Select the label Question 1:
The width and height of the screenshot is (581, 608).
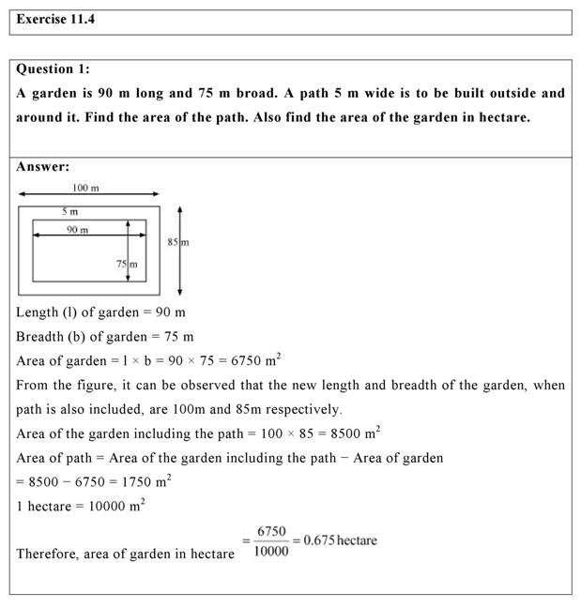pos(54,68)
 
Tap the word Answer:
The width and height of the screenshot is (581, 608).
pos(43,166)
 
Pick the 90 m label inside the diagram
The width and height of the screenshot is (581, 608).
pos(77,230)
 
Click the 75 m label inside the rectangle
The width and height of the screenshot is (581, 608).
pos(127,265)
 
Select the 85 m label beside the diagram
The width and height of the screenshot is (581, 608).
pos(177,242)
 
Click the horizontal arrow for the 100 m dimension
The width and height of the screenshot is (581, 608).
pos(88,196)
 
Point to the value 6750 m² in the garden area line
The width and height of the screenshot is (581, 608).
pos(255,359)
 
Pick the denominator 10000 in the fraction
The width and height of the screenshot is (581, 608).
pos(271,551)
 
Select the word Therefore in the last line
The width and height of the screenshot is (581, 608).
pos(50,554)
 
